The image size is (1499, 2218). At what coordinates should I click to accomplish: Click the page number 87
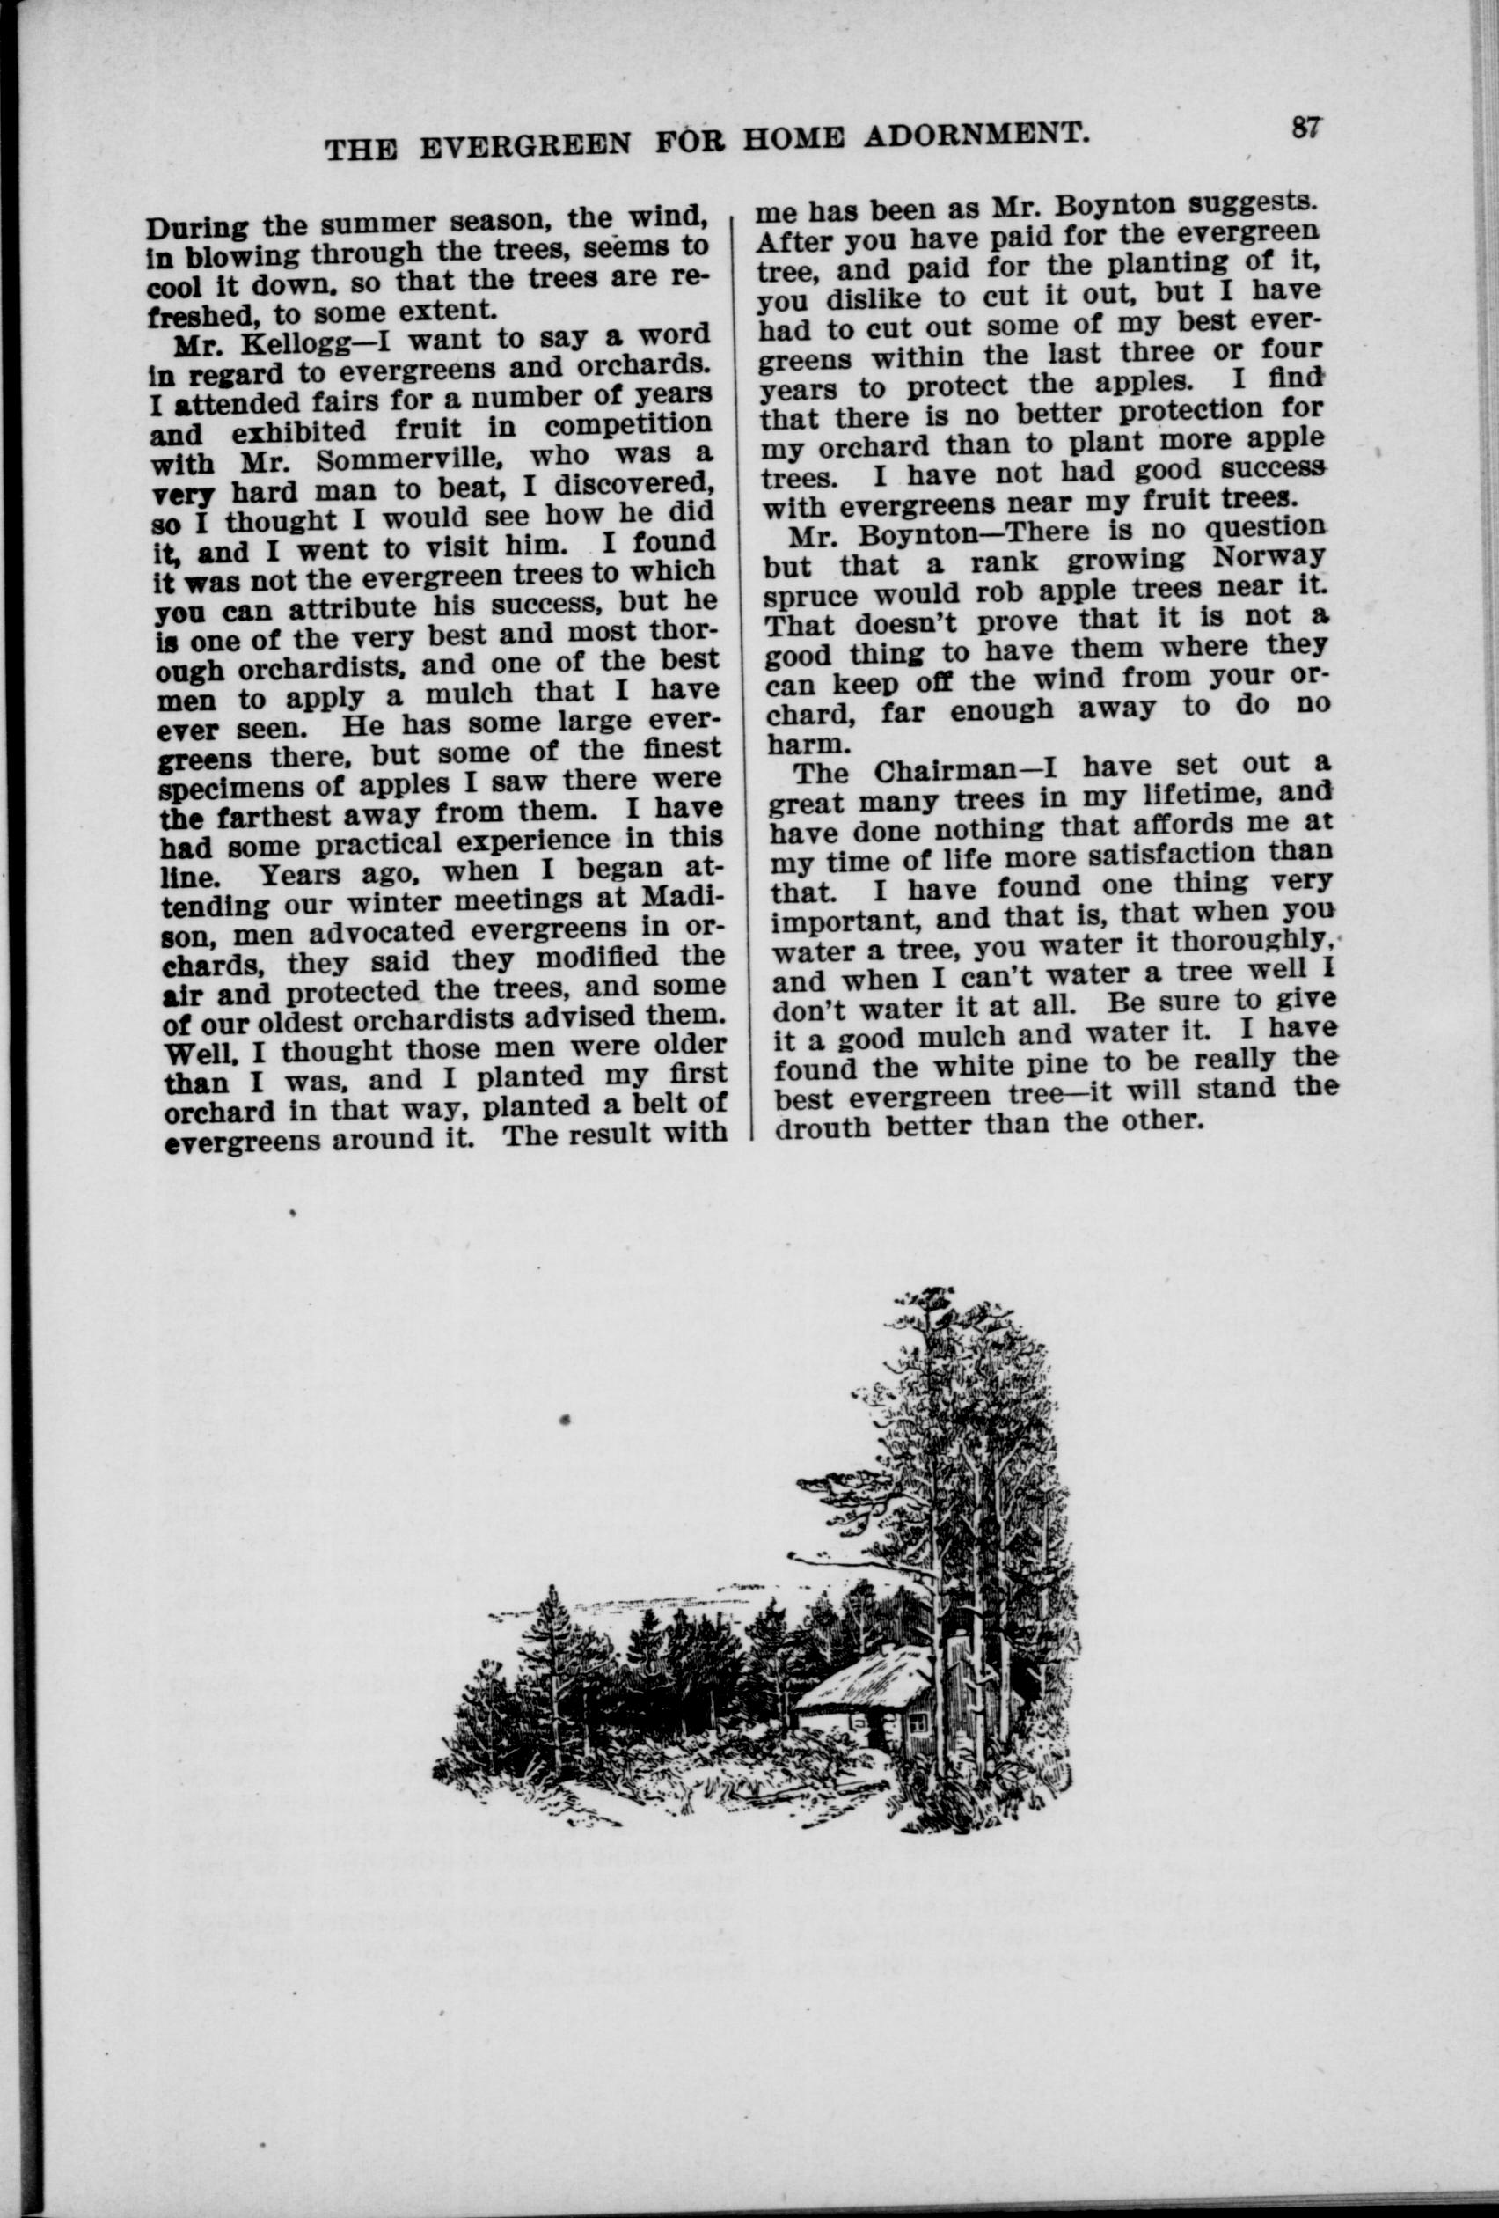tap(1305, 127)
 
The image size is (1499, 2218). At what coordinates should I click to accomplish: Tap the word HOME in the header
tap(797, 140)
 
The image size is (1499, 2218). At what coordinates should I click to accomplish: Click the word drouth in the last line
tap(823, 1127)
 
